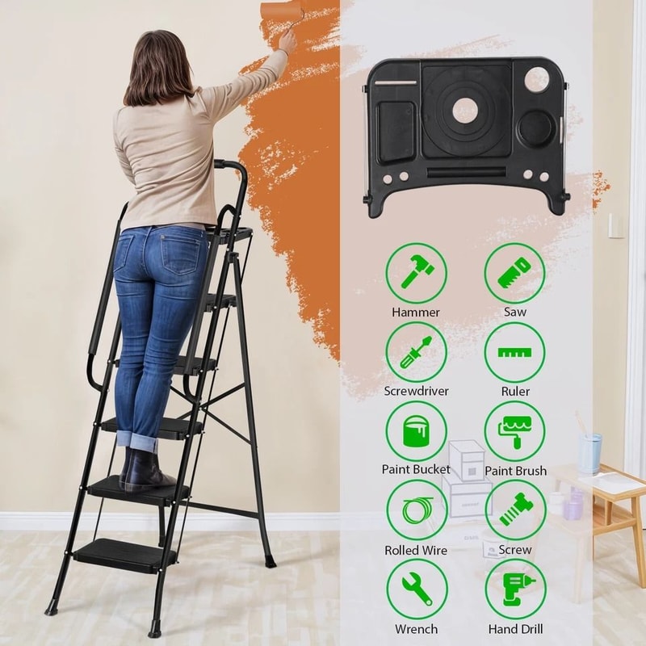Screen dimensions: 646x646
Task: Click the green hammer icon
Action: pos(416,273)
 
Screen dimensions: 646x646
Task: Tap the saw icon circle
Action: pos(514,273)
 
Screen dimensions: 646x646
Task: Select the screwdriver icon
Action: pos(416,352)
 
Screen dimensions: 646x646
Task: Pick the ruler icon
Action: pos(514,352)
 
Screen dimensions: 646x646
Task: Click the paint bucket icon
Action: pos(416,431)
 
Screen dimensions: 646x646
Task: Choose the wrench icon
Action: pos(416,589)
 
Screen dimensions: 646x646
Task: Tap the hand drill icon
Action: pos(514,589)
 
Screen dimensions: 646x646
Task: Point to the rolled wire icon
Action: pos(416,510)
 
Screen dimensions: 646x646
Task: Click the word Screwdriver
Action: pos(416,392)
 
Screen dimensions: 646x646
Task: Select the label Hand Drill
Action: pos(515,629)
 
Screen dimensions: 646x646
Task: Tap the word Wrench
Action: pos(416,629)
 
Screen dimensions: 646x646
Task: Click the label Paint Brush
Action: pos(515,471)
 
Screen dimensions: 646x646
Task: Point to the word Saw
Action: pos(515,313)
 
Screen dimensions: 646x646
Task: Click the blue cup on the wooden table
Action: pos(590,453)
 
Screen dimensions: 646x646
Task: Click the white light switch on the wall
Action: pos(615,225)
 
